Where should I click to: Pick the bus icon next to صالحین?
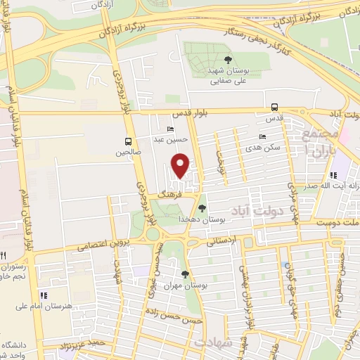(127, 141)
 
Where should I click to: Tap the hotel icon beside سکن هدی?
(262, 136)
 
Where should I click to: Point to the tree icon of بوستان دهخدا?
(202, 207)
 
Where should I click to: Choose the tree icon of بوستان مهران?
(185, 274)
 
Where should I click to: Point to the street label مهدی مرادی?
(293, 196)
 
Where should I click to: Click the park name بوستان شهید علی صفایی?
(226, 76)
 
